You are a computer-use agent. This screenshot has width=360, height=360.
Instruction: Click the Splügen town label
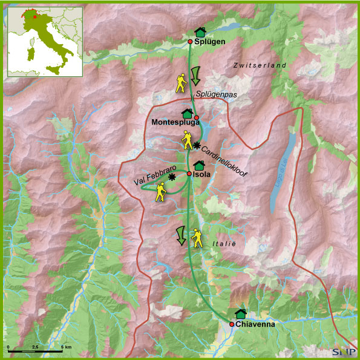[x=211, y=42]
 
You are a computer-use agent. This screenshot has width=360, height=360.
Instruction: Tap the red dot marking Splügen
[x=190, y=42]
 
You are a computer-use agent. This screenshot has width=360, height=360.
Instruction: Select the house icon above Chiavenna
[x=241, y=313]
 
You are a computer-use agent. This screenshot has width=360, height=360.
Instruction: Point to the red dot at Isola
[x=189, y=174]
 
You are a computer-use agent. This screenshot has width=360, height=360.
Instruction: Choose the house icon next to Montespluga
[x=187, y=113]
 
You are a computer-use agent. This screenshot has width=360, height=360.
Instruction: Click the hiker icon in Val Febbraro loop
[x=160, y=192]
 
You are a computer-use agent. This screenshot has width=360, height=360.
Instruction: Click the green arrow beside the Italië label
[x=180, y=235]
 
